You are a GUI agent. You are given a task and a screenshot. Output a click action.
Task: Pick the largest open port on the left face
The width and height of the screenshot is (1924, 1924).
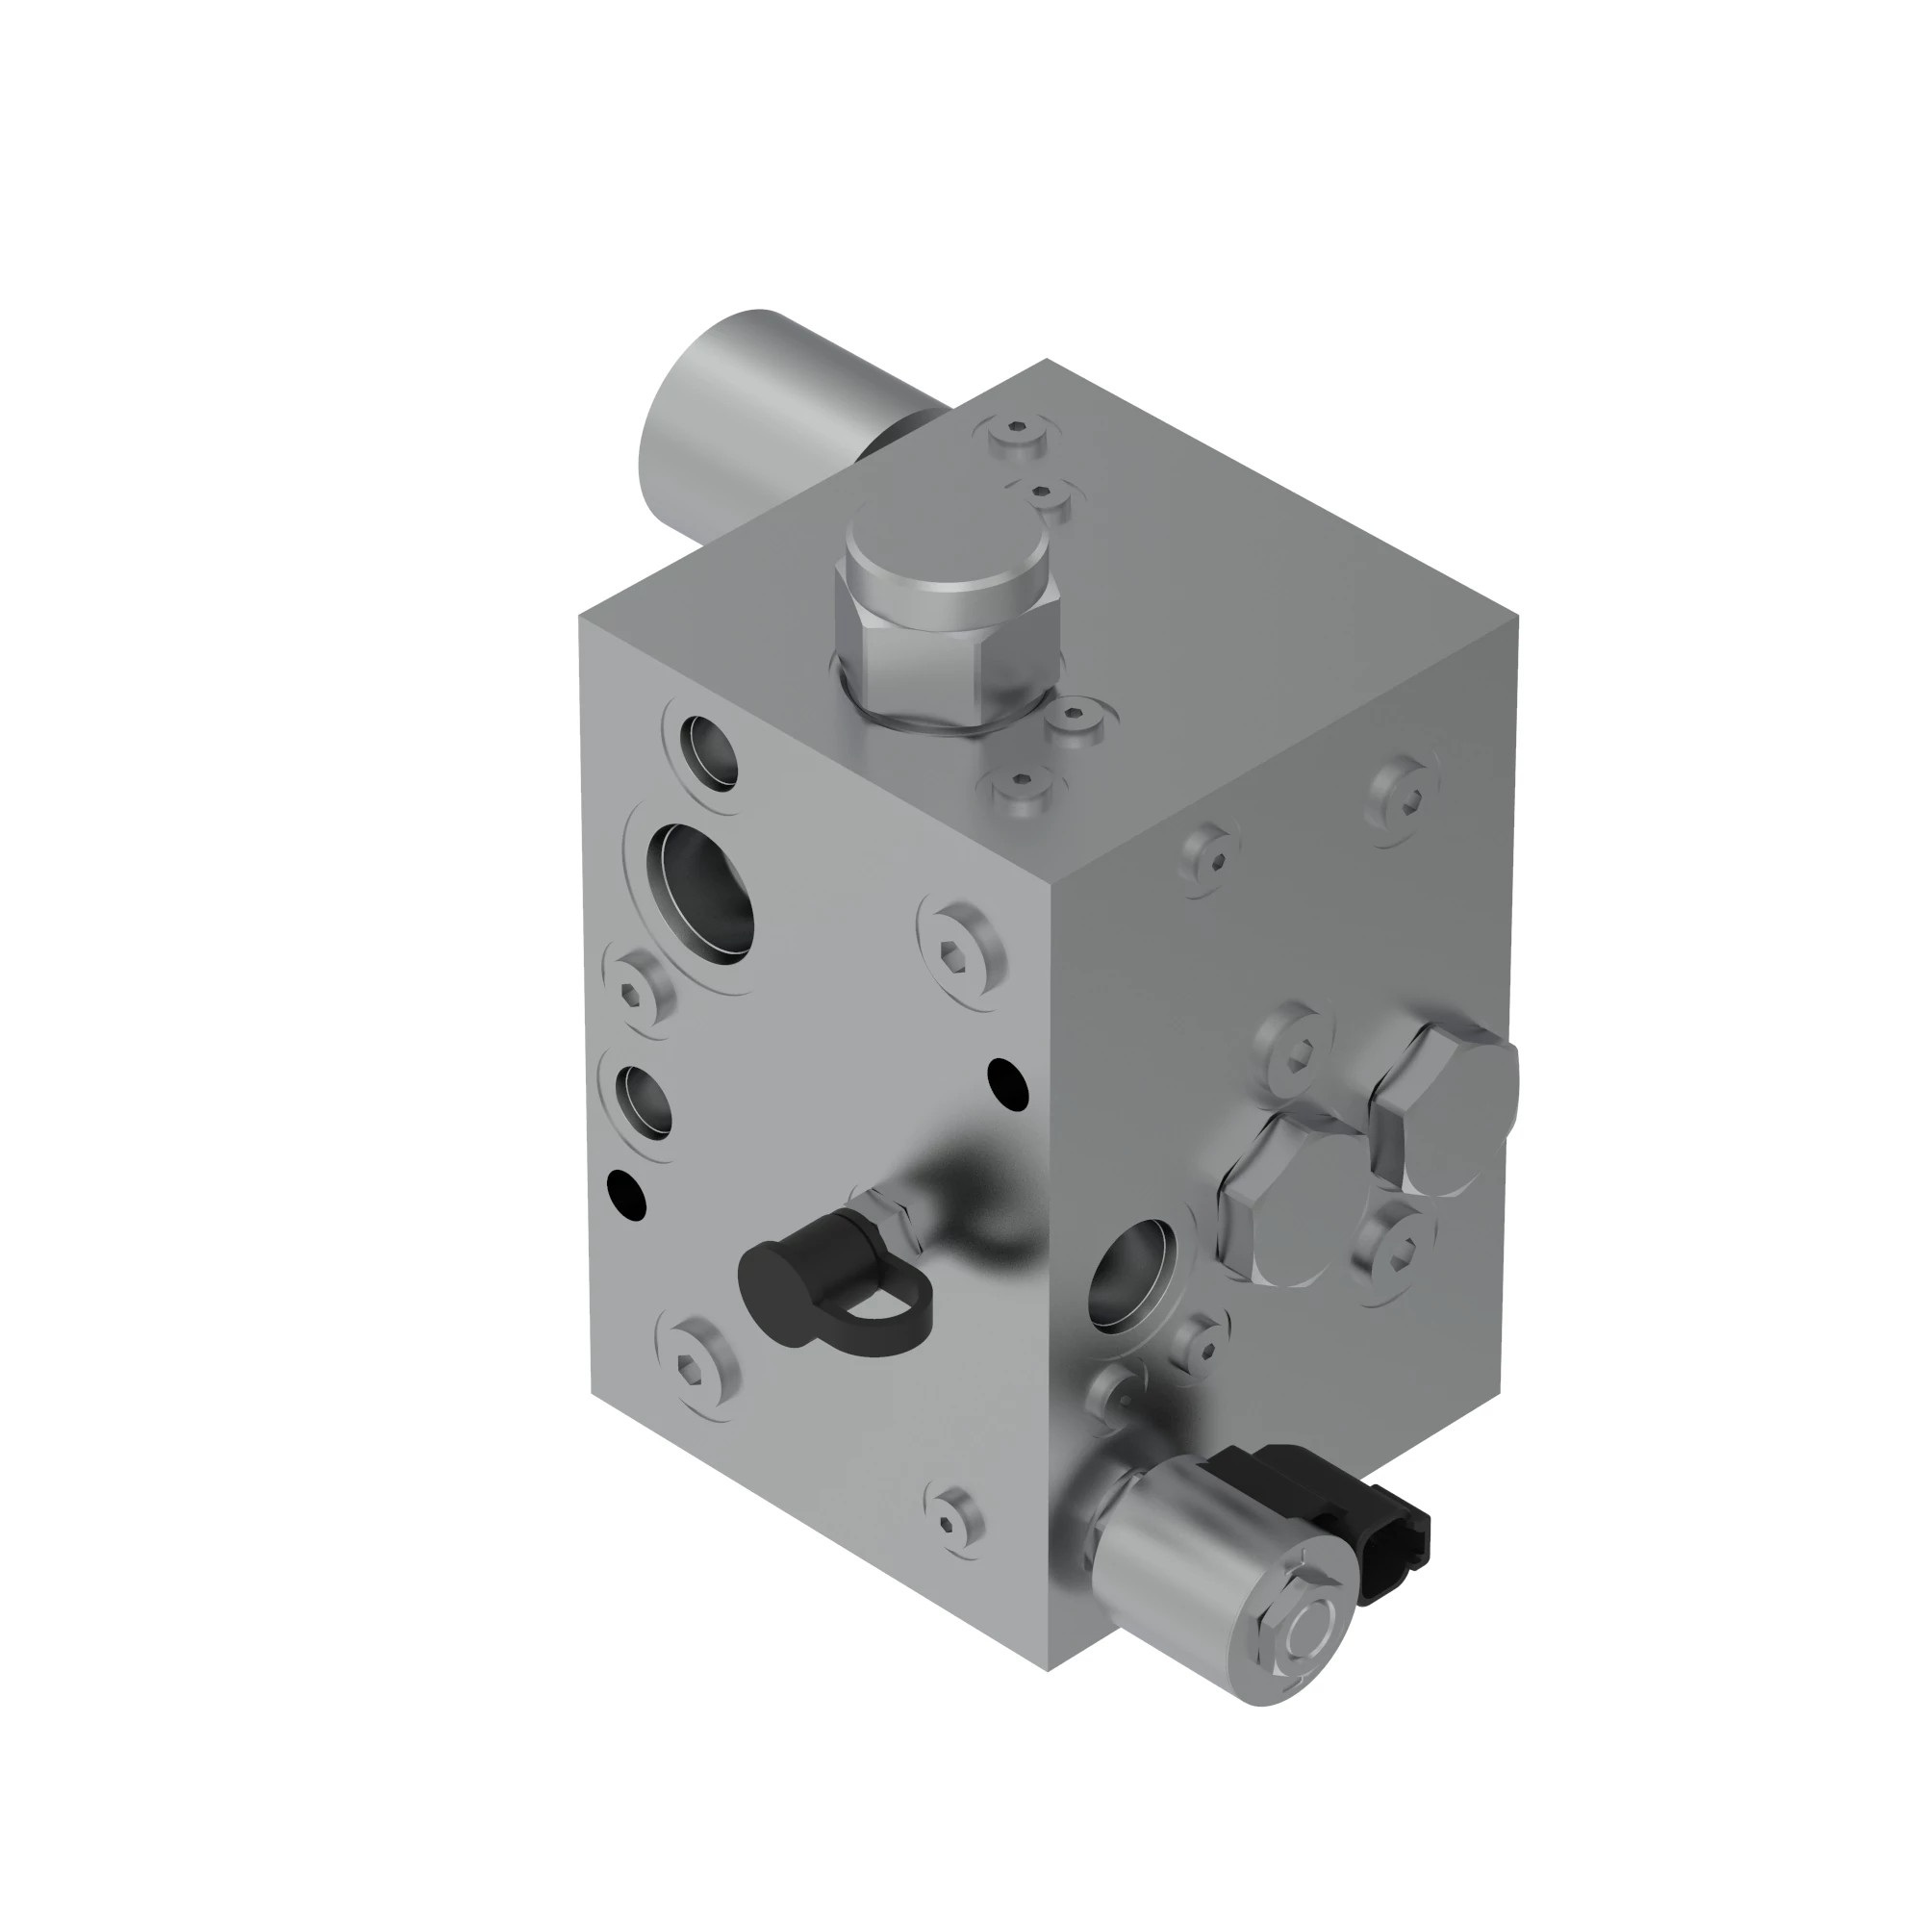pyautogui.click(x=700, y=894)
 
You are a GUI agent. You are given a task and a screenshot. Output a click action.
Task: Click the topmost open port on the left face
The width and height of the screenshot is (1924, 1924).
pyautogui.click(x=709, y=750)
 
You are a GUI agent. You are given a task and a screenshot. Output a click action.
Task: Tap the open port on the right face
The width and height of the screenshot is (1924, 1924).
pyautogui.click(x=1133, y=1277)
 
